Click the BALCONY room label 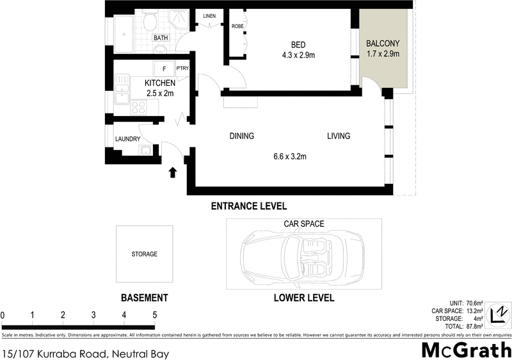(382, 44)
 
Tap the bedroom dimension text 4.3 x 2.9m (298, 55)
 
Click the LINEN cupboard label (210, 16)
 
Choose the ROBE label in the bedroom (237, 26)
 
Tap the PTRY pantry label (182, 69)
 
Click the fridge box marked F (164, 69)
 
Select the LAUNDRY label (127, 139)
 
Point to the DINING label (242, 136)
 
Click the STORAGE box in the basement (144, 254)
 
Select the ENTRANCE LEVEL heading (249, 206)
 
